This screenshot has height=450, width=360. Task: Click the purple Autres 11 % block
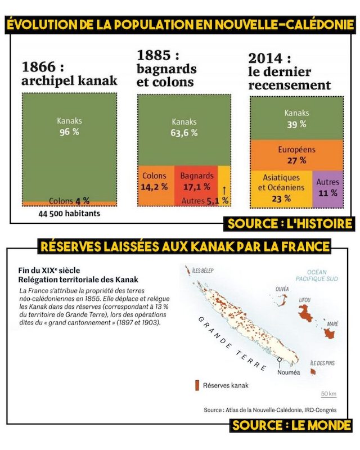pos(327,187)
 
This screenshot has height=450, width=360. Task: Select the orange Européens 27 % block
pos(296,155)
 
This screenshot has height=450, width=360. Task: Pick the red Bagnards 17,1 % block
pos(196,181)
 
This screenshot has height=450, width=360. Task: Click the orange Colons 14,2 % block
pos(154,181)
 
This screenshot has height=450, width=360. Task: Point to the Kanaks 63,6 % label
pos(184,127)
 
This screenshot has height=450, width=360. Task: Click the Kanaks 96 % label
pos(69,127)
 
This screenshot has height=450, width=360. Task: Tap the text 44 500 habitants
pos(70,214)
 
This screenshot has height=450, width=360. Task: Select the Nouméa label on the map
pos(289,372)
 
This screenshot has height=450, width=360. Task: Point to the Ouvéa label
pos(282,289)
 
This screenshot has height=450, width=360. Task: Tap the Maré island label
pos(332,324)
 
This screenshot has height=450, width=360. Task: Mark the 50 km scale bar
pos(328,396)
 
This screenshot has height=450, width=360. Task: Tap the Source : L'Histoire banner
pos(290,223)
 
